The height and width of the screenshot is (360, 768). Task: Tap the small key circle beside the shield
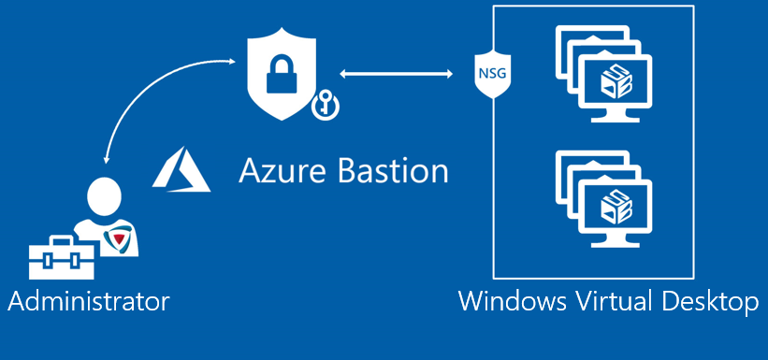[322, 107]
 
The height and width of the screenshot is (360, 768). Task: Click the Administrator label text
[88, 301]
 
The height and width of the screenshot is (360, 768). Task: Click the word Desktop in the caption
[716, 301]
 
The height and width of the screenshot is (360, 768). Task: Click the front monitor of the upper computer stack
[617, 83]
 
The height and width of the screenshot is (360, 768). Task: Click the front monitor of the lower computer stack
[617, 205]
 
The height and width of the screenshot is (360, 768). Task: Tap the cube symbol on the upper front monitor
[617, 80]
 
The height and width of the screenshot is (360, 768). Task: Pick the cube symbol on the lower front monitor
[617, 202]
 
